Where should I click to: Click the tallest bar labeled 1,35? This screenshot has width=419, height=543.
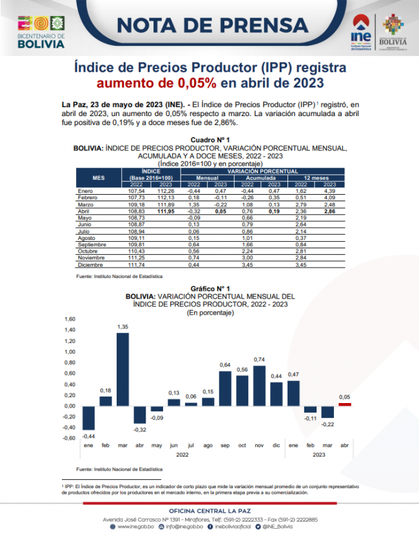click(x=122, y=369)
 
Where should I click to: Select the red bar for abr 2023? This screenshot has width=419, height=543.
click(x=345, y=404)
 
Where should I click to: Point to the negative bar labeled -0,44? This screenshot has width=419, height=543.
click(x=89, y=418)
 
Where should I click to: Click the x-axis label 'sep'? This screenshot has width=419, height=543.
click(x=225, y=445)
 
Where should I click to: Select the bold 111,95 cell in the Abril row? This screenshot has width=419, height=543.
click(x=166, y=210)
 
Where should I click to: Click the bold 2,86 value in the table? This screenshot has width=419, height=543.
click(x=330, y=210)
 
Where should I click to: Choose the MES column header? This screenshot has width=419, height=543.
click(x=98, y=177)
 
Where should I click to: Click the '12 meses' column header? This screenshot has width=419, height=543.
click(x=316, y=177)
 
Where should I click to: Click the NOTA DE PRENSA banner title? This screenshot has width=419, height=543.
click(x=213, y=25)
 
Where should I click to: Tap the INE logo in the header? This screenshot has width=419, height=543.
click(x=360, y=29)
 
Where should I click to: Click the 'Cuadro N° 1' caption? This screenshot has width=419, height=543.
click(x=210, y=140)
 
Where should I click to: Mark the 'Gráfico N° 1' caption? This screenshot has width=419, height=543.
click(x=210, y=288)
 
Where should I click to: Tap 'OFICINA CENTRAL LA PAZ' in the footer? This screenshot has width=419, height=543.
click(x=209, y=510)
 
